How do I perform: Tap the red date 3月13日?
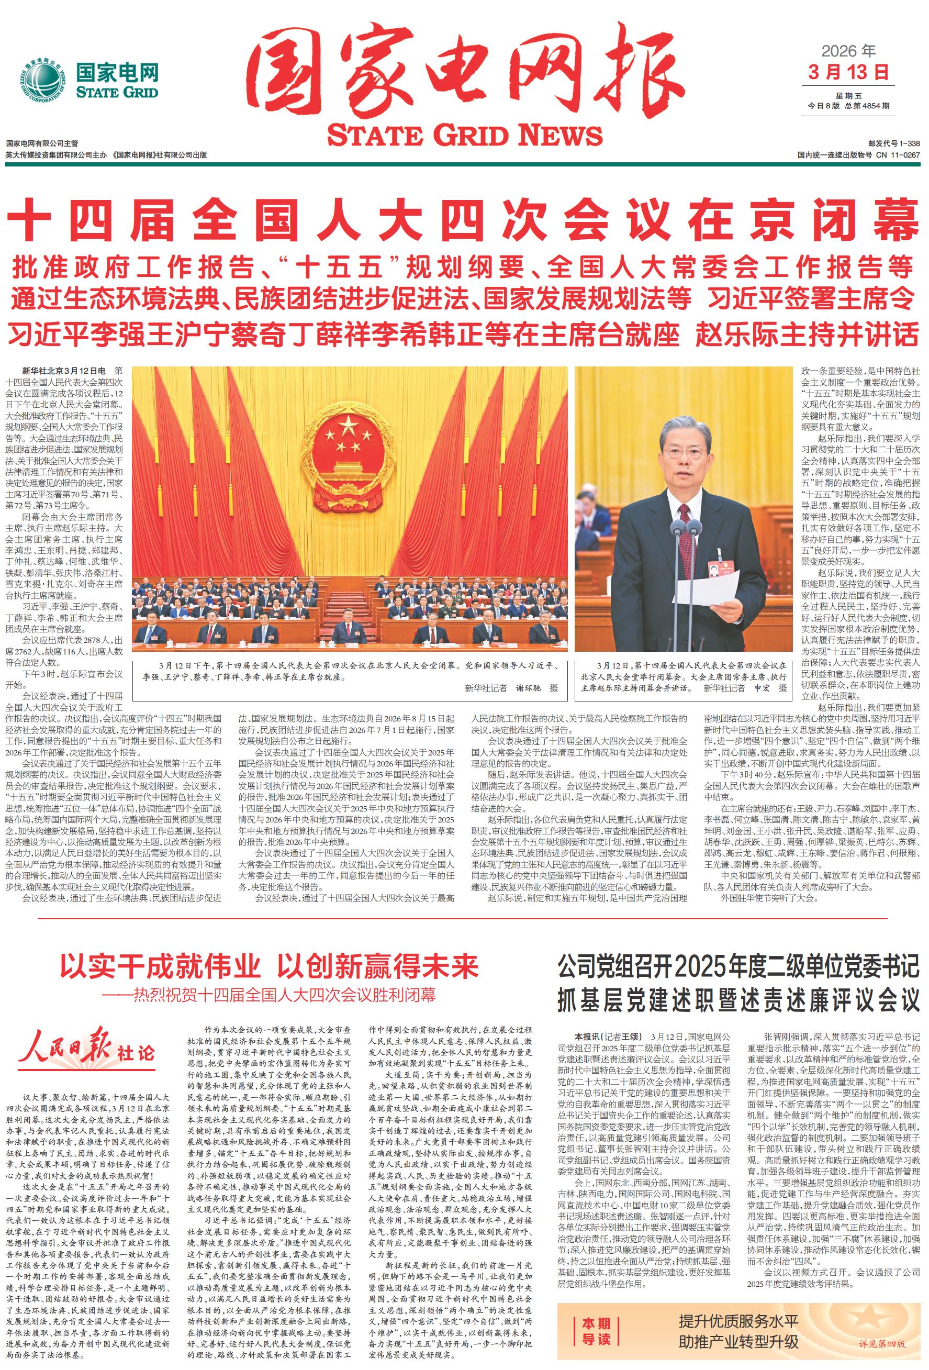coord(848,73)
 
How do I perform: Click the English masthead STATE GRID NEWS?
coord(465,135)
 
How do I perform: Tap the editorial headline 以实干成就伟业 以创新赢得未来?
coord(269,967)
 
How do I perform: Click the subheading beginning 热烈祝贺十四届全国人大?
coord(276,995)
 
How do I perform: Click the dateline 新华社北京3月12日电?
coord(64,371)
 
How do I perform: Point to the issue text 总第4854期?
coord(867,106)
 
